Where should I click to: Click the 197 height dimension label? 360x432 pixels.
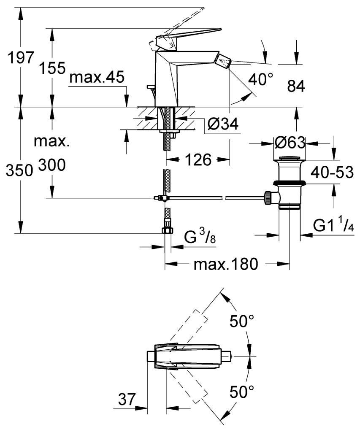[21, 57]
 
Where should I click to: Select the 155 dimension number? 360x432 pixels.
[52, 68]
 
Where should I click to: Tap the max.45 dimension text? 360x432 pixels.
[97, 78]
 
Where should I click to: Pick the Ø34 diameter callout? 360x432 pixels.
[223, 124]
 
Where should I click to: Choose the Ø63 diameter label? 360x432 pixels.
[290, 143]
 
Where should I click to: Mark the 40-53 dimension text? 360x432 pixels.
[332, 173]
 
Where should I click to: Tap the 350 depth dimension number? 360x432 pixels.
[19, 171]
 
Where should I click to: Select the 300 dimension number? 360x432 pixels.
[52, 165]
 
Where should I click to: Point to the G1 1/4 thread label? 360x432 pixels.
[333, 226]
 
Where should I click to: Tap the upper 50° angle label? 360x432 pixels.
[242, 321]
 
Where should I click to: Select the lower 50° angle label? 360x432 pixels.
[242, 391]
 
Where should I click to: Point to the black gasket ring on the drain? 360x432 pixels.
[289, 183]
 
